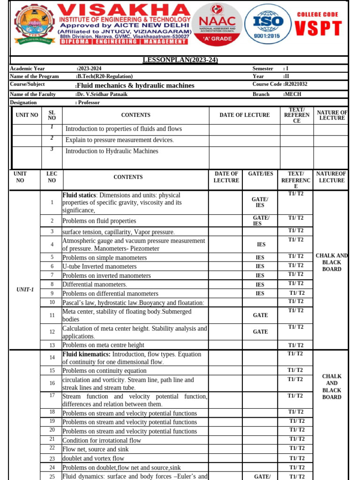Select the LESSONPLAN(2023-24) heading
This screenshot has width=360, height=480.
(x=180, y=60)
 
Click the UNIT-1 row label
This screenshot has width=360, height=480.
(x=25, y=290)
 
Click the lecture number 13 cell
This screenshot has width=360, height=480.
(x=52, y=345)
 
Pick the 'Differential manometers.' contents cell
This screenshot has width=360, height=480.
(x=95, y=285)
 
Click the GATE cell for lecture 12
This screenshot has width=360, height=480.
(x=260, y=332)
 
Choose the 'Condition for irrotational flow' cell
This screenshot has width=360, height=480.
(x=102, y=441)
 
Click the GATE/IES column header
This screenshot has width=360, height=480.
(x=260, y=174)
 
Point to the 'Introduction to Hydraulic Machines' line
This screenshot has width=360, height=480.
(x=112, y=151)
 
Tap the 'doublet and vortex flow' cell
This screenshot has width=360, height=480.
(x=93, y=458)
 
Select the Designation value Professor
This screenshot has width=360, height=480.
(x=90, y=102)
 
